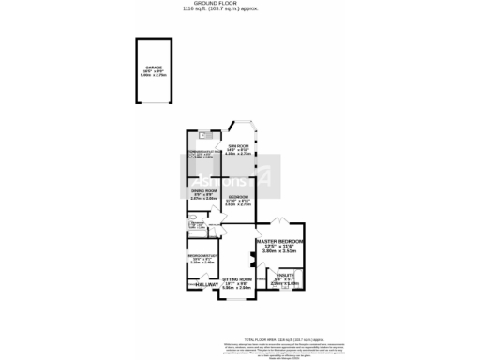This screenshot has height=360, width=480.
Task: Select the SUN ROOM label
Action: (242, 147)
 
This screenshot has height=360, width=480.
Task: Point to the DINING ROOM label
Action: (203, 190)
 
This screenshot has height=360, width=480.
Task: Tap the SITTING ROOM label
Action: (237, 280)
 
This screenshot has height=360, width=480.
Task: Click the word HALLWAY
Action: (204, 284)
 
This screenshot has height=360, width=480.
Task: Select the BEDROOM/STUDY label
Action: (203, 256)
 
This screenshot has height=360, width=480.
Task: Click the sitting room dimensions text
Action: (237, 287)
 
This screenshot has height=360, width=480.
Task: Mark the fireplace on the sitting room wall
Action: (252, 257)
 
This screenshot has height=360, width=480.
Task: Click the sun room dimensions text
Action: (242, 155)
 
